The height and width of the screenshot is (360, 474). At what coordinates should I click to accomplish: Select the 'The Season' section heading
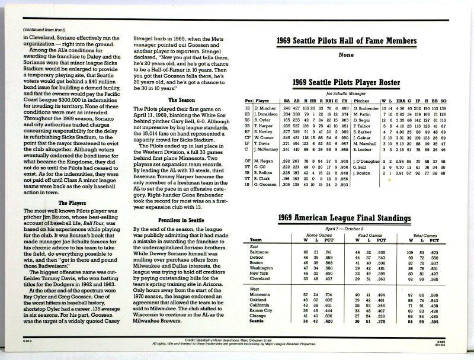(182, 101)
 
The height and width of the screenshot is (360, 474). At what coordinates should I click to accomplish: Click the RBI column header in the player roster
(330, 102)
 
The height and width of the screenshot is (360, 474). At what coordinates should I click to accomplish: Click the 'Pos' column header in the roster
(249, 102)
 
